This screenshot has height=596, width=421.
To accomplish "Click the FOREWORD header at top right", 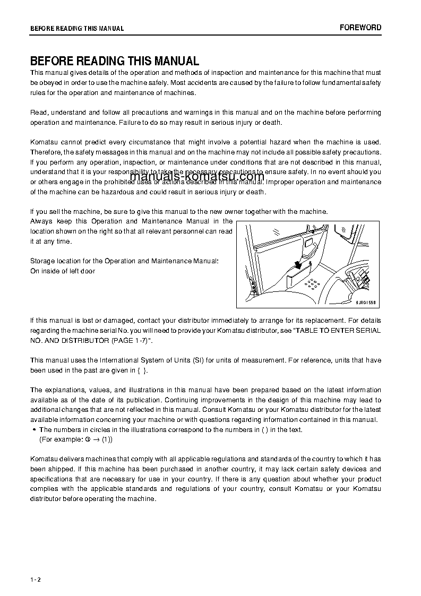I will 360,28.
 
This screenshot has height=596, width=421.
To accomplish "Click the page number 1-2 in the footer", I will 35,580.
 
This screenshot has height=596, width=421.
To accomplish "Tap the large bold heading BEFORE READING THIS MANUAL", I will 114,61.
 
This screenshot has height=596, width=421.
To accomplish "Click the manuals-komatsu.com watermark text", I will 197,177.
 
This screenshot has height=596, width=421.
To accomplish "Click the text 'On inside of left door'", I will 63,271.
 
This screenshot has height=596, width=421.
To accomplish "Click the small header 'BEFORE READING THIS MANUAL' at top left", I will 77,29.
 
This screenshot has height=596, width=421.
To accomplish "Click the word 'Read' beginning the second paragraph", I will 38,113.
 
